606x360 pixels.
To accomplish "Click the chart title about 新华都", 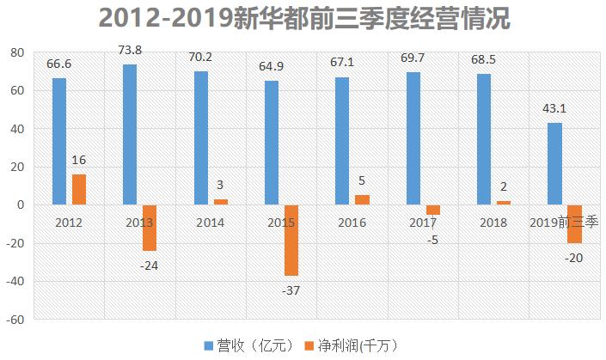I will pyautogui.click(x=303, y=19).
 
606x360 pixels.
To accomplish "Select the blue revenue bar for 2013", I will pyautogui.click(x=130, y=135).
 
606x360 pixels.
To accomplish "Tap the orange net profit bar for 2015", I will pyautogui.click(x=291, y=240).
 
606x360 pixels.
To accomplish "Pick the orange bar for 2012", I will pyautogui.click(x=79, y=189).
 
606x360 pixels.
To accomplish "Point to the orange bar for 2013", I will pyautogui.click(x=150, y=228).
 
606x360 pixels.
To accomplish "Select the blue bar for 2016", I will pyautogui.click(x=341, y=141).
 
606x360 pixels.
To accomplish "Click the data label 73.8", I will pyautogui.click(x=130, y=51).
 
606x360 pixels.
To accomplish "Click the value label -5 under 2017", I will pyautogui.click(x=432, y=239).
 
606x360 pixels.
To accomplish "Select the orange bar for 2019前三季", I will pyautogui.click(x=573, y=223).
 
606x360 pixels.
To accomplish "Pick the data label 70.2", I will pyautogui.click(x=200, y=58).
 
